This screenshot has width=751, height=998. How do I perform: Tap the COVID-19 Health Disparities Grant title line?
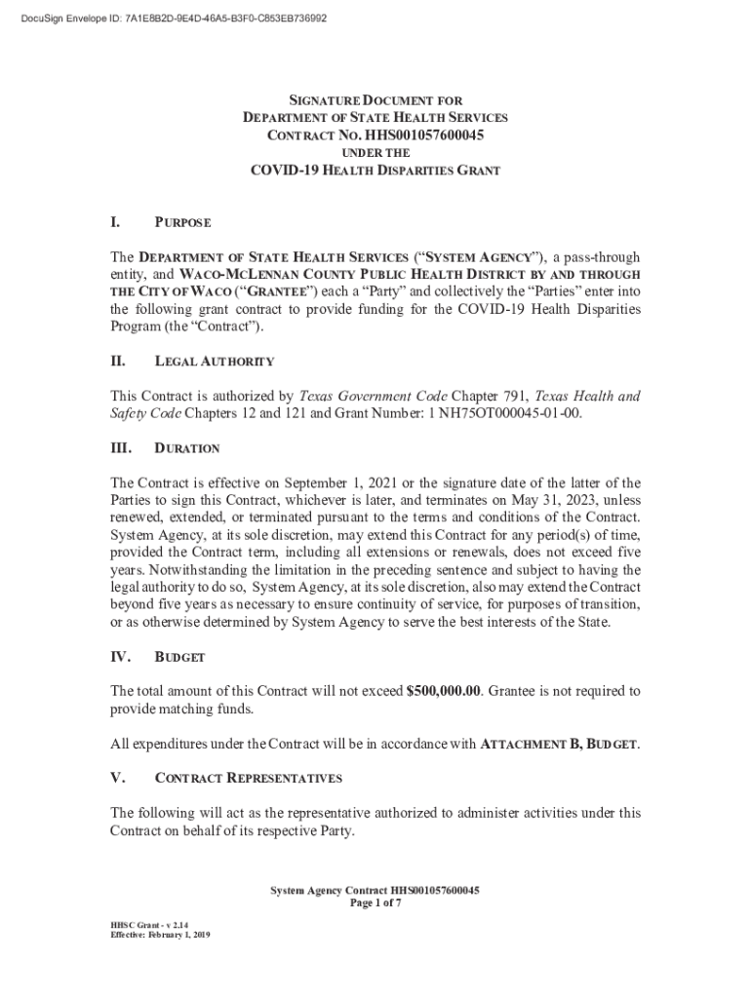pos(375,171)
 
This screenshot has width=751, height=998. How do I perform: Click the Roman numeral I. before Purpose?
pos(116,223)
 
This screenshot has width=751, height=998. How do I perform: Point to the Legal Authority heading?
pos(215,362)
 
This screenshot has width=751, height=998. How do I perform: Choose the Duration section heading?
pos(187,449)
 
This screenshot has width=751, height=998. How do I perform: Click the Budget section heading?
pos(179,658)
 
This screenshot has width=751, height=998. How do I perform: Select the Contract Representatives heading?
pos(249,779)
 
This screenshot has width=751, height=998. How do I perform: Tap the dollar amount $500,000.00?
pos(444,691)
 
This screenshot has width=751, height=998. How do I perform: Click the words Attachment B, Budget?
pos(560,746)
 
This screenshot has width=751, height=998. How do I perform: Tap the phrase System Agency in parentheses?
pos(480,257)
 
